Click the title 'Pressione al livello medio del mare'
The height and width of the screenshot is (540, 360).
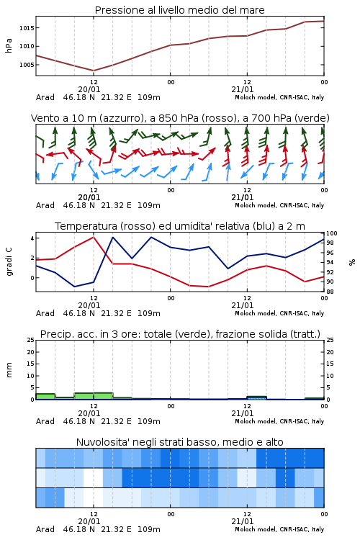pyautogui.click(x=179, y=10)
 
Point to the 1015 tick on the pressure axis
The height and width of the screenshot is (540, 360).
pyautogui.click(x=27, y=28)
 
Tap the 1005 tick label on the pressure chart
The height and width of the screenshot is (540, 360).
pyautogui.click(x=27, y=65)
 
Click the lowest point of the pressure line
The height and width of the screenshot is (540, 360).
pyautogui.click(x=94, y=71)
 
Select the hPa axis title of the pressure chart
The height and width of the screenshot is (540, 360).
pyautogui.click(x=9, y=45)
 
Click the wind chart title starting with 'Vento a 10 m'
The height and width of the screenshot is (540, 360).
pyautogui.click(x=180, y=118)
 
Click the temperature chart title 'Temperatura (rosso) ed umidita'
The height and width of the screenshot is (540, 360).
pyautogui.click(x=180, y=226)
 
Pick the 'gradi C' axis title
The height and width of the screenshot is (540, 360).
pyautogui.click(x=9, y=262)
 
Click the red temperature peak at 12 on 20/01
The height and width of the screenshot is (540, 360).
pyautogui.click(x=94, y=237)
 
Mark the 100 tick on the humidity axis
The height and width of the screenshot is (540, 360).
pyautogui.click(x=333, y=233)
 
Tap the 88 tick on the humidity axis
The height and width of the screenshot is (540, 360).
pyautogui.click(x=330, y=292)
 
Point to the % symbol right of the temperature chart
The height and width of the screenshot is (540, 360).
pyautogui.click(x=352, y=262)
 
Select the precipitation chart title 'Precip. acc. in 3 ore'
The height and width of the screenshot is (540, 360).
pyautogui.click(x=180, y=334)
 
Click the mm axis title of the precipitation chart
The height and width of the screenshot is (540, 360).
pyautogui.click(x=9, y=370)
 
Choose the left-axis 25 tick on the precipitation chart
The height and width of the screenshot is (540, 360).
pyautogui.click(x=30, y=340)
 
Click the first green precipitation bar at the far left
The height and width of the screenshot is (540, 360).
pyautogui.click(x=45, y=397)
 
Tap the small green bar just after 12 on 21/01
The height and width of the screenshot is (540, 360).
pyautogui.click(x=256, y=397)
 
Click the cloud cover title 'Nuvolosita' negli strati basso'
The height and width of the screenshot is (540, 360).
pyautogui.click(x=179, y=442)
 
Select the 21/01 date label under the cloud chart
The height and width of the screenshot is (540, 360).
pyautogui.click(x=242, y=521)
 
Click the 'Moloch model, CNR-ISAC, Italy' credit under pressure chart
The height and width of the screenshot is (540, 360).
pyautogui.click(x=279, y=97)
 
